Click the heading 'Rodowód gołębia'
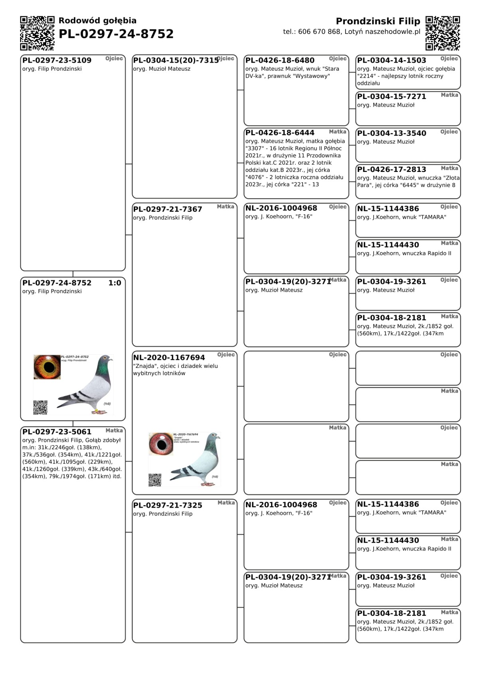click(x=97, y=21)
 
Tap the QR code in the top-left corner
click(x=37, y=33)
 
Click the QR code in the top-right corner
click(x=443, y=33)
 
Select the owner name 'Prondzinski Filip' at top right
click(x=378, y=21)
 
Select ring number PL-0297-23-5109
click(x=57, y=60)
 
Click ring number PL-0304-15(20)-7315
click(x=176, y=60)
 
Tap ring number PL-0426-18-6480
click(x=280, y=60)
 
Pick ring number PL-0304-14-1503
click(x=392, y=60)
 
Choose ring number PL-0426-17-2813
click(x=392, y=170)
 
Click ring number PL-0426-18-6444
click(x=280, y=133)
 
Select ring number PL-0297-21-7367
click(x=168, y=209)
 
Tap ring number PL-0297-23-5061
click(x=57, y=432)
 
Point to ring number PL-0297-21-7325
click(x=168, y=505)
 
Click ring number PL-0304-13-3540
click(x=392, y=133)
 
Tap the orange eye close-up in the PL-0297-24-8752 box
click(x=47, y=367)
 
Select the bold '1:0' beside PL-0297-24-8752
click(x=115, y=283)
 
